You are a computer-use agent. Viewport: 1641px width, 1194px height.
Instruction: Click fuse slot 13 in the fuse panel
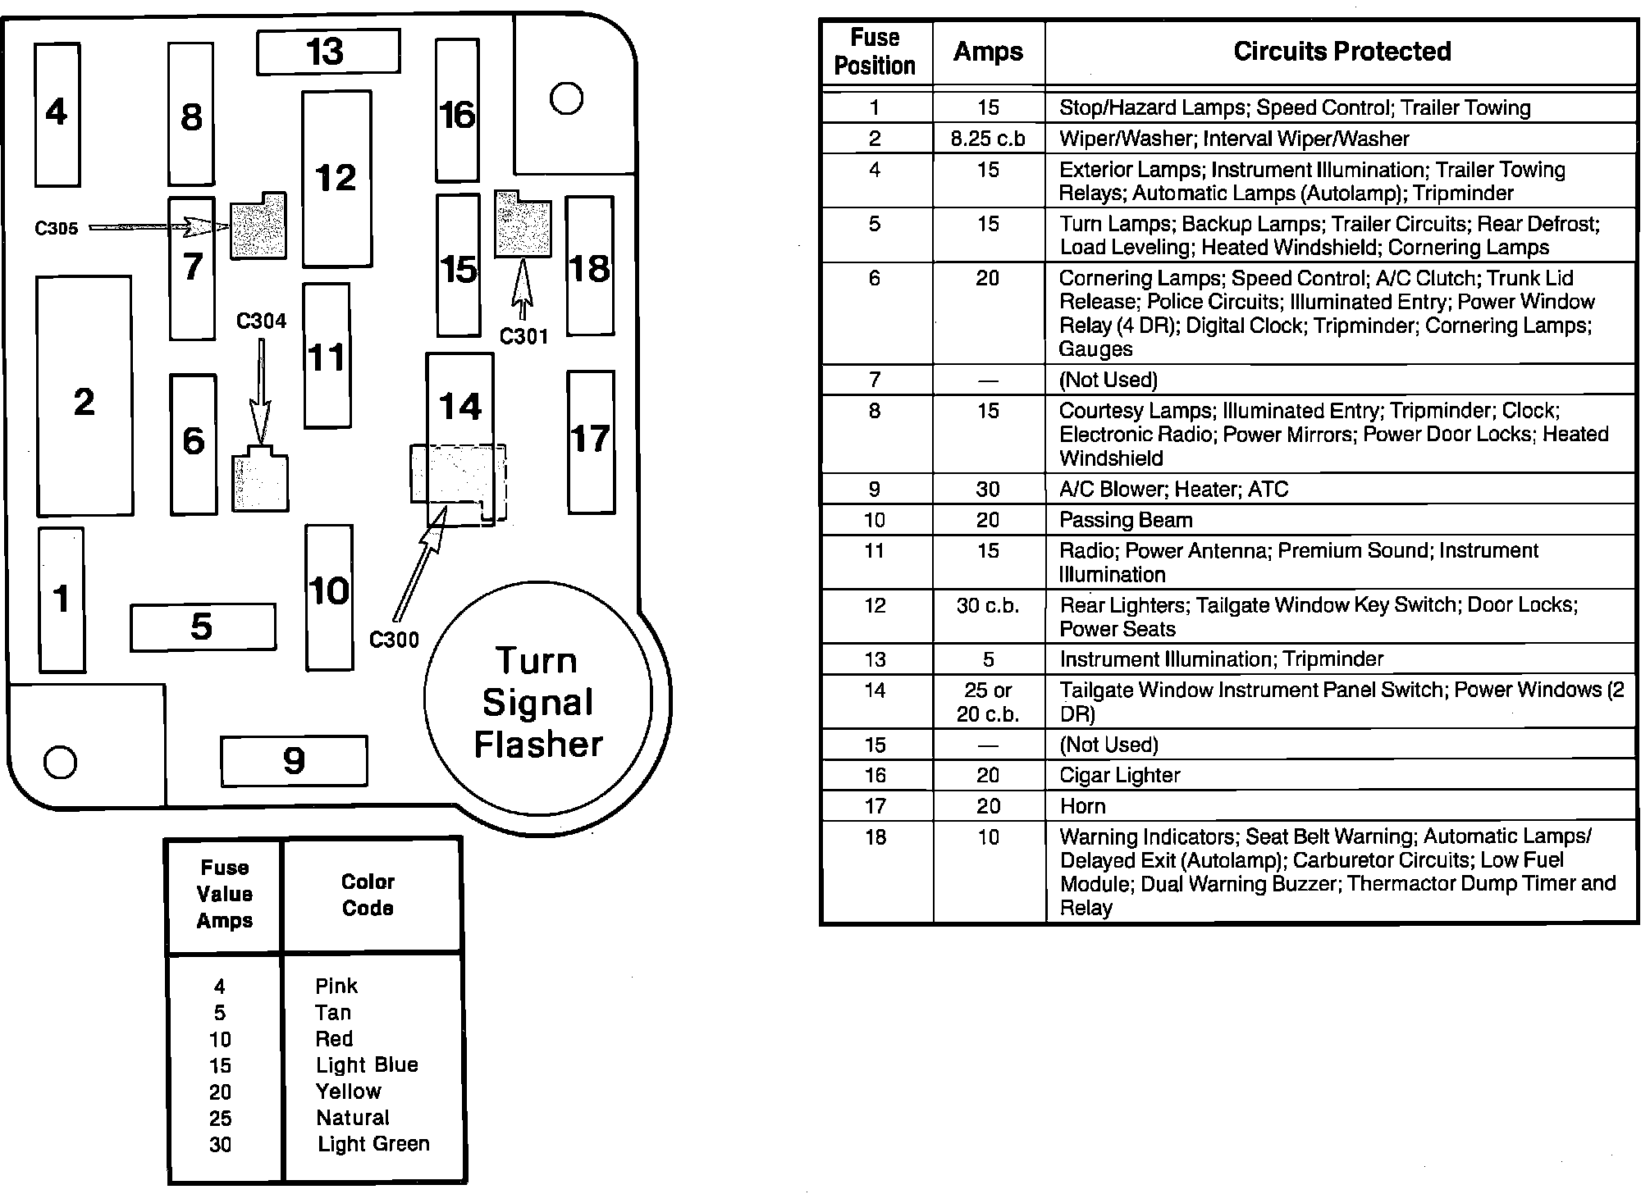point(328,52)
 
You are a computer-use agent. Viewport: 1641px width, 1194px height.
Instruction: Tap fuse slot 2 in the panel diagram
point(85,396)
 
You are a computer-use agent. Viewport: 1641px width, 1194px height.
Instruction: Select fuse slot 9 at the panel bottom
point(294,761)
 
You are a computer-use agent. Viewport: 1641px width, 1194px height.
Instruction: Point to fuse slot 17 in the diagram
point(590,441)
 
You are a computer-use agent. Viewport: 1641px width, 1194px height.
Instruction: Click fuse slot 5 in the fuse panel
point(203,627)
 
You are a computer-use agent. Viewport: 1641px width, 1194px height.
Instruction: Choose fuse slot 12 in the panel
point(336,179)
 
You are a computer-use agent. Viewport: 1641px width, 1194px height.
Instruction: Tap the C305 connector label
point(57,228)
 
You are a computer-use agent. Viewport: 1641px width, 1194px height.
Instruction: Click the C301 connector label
point(523,336)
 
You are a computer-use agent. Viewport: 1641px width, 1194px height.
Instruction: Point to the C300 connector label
point(394,640)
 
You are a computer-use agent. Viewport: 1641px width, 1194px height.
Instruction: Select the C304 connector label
point(261,321)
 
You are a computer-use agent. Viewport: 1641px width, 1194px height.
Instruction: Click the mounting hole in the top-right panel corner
point(566,99)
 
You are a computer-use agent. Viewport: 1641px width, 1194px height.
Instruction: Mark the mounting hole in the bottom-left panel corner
point(60,762)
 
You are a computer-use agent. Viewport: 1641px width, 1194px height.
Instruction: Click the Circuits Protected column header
point(1342,52)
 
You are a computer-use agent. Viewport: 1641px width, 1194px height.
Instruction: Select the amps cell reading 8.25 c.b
point(988,139)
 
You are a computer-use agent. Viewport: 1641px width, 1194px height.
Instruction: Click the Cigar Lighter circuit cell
point(1119,776)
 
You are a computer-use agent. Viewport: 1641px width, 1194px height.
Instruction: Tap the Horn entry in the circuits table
point(1083,806)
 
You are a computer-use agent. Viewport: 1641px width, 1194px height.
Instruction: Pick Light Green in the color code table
point(373,1144)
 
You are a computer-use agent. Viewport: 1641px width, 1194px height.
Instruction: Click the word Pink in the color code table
point(336,986)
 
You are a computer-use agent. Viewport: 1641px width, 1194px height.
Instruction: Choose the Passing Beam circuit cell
point(1126,520)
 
